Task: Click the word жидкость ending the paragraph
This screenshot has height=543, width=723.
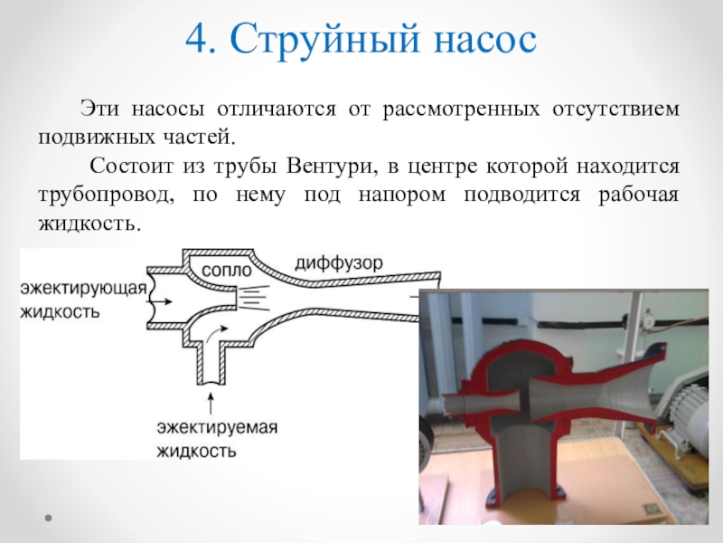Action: coord(89,222)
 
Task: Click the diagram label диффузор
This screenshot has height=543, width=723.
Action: coord(338,262)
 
